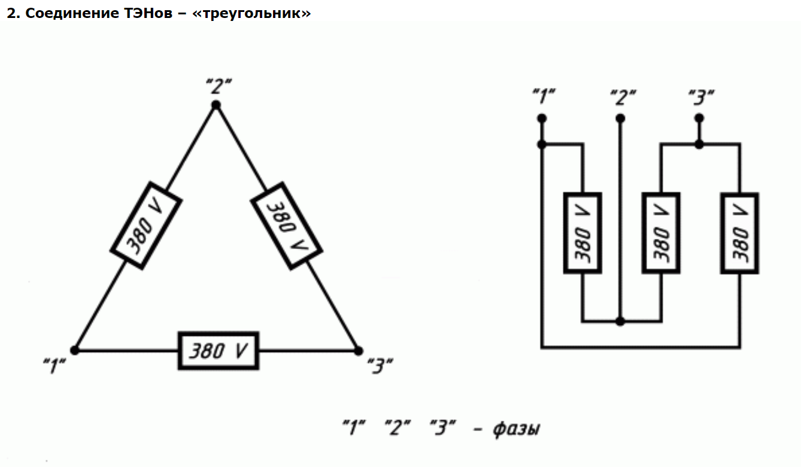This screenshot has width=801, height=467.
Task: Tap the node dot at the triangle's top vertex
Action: click(x=216, y=105)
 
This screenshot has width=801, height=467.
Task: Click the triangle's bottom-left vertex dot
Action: click(x=75, y=350)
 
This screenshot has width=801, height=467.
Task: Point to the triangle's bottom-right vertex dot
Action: click(x=358, y=350)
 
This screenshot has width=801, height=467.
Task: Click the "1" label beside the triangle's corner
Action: click(x=54, y=365)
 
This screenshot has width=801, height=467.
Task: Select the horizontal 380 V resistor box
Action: click(x=219, y=350)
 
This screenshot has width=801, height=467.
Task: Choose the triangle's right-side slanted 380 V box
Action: click(x=286, y=226)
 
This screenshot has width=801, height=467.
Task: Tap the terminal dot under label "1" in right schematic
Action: click(x=542, y=118)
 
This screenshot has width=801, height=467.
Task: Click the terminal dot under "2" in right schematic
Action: click(x=620, y=118)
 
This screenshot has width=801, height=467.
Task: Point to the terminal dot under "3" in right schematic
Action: click(x=699, y=118)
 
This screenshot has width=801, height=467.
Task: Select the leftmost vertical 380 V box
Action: click(x=582, y=233)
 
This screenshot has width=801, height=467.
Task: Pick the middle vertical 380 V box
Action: click(x=660, y=233)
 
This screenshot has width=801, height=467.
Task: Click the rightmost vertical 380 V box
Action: click(x=740, y=233)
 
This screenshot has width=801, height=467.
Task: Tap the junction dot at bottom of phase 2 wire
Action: click(x=620, y=322)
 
